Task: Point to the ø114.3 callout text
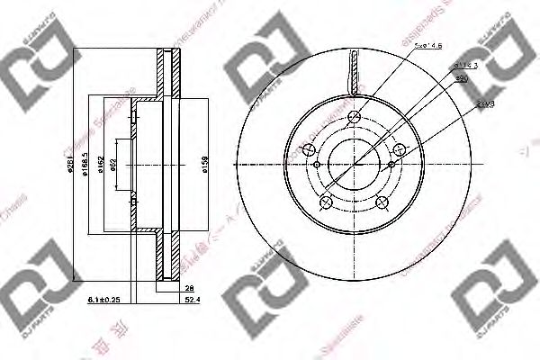coord(464,66)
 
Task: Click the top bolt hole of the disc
coord(356,115)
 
